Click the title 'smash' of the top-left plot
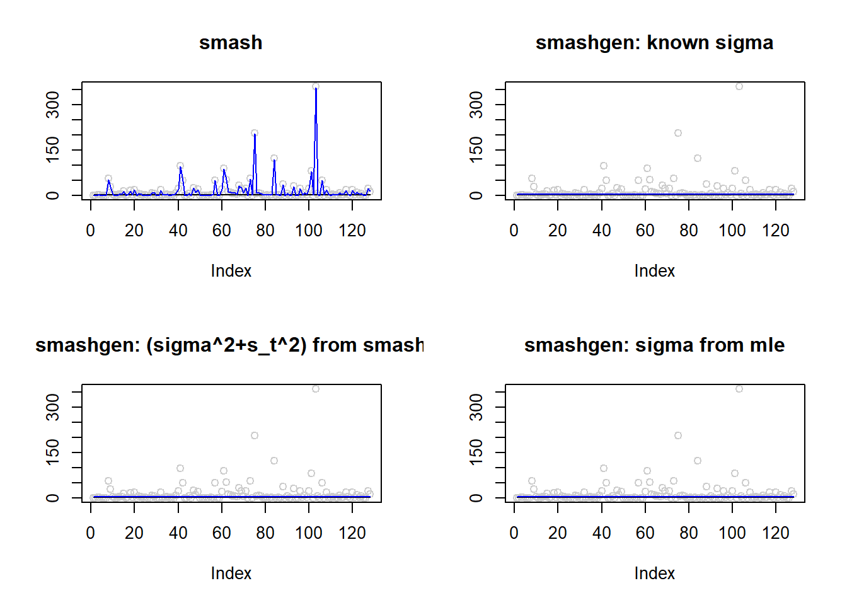(x=231, y=43)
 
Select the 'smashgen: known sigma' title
(x=654, y=43)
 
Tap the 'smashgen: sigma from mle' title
(x=654, y=345)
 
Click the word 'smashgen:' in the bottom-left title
(x=88, y=345)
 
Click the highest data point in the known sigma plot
(x=739, y=86)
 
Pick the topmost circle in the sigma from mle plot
(x=739, y=389)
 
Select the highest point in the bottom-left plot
(x=316, y=389)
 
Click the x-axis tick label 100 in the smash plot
(x=309, y=231)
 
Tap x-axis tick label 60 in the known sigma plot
(x=645, y=231)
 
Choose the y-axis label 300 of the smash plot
(x=53, y=105)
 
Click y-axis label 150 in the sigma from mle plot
(x=476, y=452)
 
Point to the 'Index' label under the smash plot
(x=231, y=271)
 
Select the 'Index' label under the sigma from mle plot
(x=654, y=573)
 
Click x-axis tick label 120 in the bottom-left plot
(x=352, y=533)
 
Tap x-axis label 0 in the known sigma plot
(x=514, y=231)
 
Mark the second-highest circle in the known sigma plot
(x=678, y=133)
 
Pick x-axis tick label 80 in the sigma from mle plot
(x=689, y=533)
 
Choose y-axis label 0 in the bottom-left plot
(x=53, y=498)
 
